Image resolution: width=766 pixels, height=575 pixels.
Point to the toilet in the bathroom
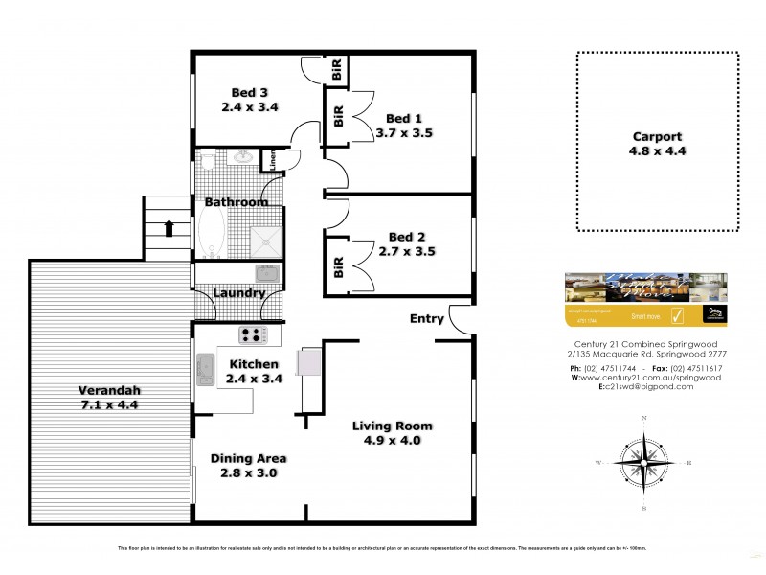tap(210, 160)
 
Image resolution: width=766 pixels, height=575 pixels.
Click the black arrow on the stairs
tap(169, 228)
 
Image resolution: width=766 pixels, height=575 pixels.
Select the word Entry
tap(426, 319)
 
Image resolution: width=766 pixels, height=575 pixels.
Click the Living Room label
tap(392, 425)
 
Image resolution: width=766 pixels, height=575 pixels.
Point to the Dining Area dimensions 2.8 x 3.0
tap(249, 472)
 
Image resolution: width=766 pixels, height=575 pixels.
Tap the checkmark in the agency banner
tap(678, 313)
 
